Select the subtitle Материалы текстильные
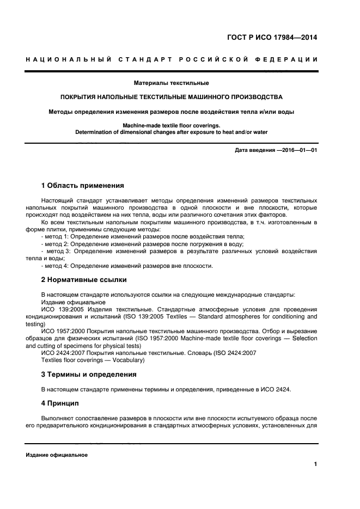171,83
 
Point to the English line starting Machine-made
171,125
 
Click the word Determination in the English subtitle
97,131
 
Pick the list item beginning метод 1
143,237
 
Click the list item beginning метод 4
127,266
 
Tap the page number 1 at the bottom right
315,464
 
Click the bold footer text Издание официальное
57,455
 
